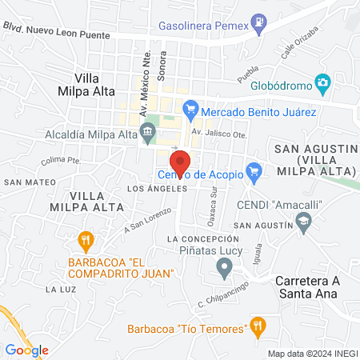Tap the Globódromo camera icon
pyautogui.click(x=322, y=82)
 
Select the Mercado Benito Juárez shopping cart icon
pyautogui.click(x=190, y=108)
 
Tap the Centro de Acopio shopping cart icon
pyautogui.click(x=254, y=170)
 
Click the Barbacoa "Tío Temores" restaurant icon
pyautogui.click(x=257, y=325)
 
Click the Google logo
pyautogui.click(x=27, y=350)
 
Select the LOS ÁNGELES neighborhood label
pyautogui.click(x=158, y=189)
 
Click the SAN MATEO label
pyautogui.click(x=24, y=182)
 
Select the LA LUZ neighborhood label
pyautogui.click(x=61, y=288)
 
